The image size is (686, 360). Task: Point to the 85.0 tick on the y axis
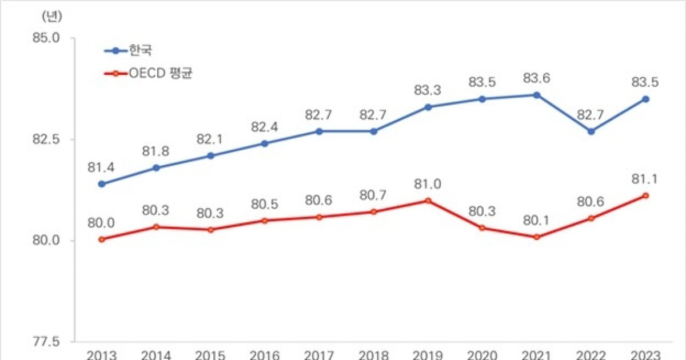[47, 38]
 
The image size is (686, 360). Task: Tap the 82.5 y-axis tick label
[47, 139]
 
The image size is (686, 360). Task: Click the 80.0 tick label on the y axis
[47, 241]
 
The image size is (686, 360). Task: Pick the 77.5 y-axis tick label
[47, 342]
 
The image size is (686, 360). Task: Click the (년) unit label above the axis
[51, 16]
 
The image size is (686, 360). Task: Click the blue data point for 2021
[537, 95]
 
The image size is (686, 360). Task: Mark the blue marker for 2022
[591, 131]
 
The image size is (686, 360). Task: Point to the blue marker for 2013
[101, 184]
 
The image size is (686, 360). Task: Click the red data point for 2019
[428, 201]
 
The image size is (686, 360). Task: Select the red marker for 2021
[537, 237]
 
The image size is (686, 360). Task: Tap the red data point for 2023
[645, 195]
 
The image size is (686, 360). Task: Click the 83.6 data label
[537, 78]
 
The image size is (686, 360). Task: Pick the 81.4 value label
[101, 167]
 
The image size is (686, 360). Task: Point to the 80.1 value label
[537, 220]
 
